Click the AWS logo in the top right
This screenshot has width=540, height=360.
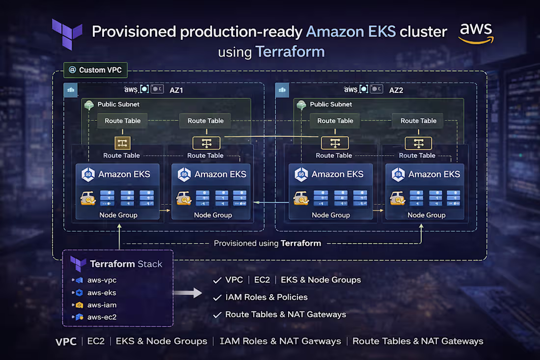click(x=476, y=33)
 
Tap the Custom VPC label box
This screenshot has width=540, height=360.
click(x=95, y=70)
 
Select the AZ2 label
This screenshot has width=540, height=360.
click(x=396, y=90)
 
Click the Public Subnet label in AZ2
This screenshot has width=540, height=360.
click(x=330, y=104)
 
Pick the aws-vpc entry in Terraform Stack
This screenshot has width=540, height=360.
click(x=102, y=280)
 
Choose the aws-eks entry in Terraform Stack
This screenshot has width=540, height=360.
click(x=102, y=292)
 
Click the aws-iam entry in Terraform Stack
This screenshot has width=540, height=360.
click(x=102, y=305)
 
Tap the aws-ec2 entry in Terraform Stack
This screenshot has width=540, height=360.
click(x=102, y=317)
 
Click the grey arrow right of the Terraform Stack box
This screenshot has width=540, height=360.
click(x=189, y=293)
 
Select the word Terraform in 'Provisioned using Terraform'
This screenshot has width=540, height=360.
click(x=300, y=243)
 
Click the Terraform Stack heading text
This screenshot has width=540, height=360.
click(x=126, y=264)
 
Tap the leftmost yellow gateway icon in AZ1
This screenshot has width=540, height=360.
click(x=121, y=143)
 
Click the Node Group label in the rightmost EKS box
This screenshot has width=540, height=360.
click(x=426, y=215)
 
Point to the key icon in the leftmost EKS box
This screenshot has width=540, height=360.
click(x=87, y=198)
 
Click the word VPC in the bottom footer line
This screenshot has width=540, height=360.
click(x=66, y=341)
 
